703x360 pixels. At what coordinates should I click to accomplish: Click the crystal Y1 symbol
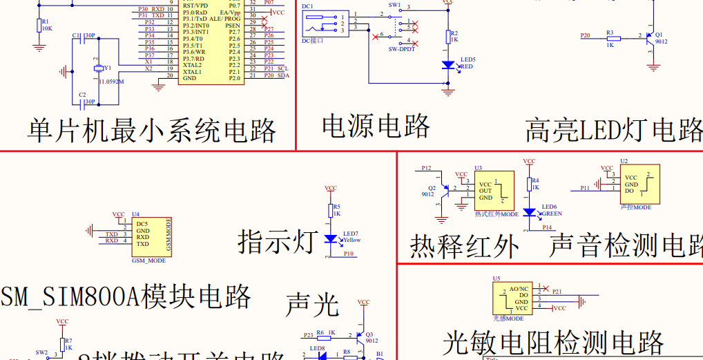click(98, 68)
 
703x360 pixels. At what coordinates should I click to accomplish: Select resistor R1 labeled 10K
click(39, 26)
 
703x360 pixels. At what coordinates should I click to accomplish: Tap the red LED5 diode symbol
click(448, 64)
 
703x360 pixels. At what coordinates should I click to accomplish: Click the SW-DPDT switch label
click(402, 50)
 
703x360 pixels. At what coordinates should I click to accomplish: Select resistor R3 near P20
click(610, 39)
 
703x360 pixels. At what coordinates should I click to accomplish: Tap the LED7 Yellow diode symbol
click(331, 239)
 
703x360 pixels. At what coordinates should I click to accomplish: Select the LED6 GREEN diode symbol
click(529, 212)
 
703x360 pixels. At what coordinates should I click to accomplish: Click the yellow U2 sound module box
click(639, 184)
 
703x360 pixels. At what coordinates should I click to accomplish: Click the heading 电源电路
click(376, 126)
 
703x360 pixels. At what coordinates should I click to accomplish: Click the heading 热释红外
click(464, 246)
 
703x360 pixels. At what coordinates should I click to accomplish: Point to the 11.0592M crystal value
click(110, 82)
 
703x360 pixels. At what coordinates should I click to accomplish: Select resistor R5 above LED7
click(331, 210)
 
